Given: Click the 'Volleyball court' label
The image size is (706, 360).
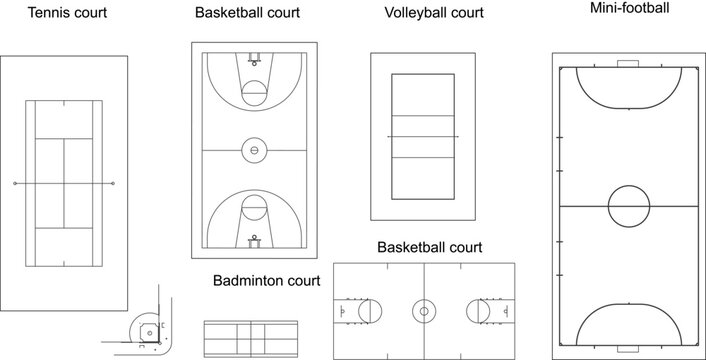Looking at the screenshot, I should coord(434,14).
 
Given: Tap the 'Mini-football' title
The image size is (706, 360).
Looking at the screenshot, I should coord(629,8).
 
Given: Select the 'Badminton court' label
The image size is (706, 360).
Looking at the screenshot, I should coord(266,281).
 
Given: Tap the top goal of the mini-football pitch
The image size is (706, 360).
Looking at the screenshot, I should coord(628,65).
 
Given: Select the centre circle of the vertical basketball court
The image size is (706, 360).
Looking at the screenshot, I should coord(254,151).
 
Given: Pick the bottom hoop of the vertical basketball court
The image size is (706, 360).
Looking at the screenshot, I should coord(254,240).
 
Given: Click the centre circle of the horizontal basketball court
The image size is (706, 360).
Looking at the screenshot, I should coord(424,312).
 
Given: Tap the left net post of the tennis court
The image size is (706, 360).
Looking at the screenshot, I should coord(15,185).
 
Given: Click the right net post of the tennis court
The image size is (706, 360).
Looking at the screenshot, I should coord(113,185).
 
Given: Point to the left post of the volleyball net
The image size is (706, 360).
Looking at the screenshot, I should coord(387,137).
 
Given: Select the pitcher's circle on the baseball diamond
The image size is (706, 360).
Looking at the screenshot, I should coord(147,329).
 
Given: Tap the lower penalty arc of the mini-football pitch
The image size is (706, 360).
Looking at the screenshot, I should coord(628,322).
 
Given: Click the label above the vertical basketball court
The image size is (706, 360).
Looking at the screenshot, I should coord(247,14).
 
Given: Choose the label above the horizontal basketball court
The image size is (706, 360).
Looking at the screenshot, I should coord(429,247).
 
